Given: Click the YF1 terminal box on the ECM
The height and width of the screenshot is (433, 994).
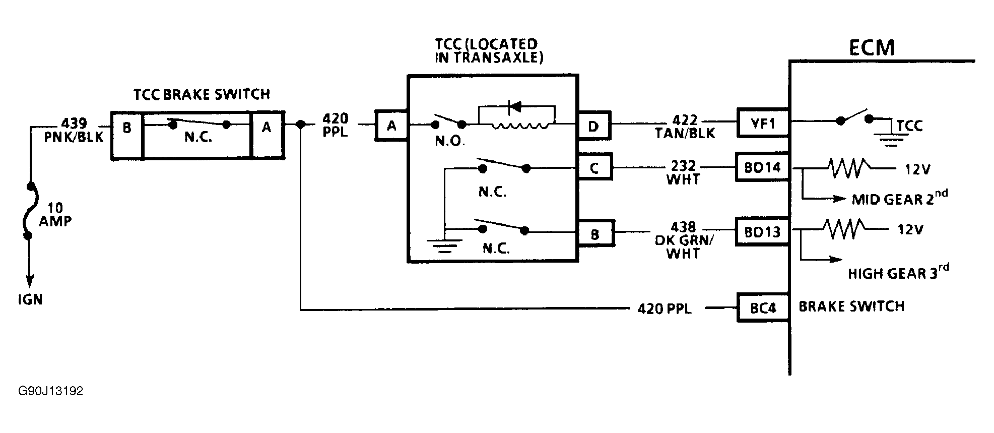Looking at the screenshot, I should [x=762, y=122].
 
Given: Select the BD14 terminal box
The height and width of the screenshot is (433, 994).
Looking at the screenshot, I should [x=762, y=167].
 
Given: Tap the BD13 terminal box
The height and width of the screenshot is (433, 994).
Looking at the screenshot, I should [x=762, y=231].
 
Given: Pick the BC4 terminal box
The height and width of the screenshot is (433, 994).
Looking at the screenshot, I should [x=762, y=307].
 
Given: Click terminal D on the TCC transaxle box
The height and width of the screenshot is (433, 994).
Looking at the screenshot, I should [x=593, y=126].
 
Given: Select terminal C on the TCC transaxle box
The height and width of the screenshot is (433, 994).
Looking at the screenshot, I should [x=594, y=167].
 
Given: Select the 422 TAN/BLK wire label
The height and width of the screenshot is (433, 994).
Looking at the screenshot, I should [x=686, y=127].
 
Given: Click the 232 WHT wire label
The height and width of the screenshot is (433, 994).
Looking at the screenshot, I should [x=684, y=172].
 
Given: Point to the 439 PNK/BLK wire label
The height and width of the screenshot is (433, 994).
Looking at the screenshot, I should [x=74, y=130].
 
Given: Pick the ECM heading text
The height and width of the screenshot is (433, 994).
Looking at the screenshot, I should [x=871, y=47].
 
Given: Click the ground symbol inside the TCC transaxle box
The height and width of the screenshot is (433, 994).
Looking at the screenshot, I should [x=444, y=244].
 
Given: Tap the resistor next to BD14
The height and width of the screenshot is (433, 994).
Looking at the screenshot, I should [x=848, y=168].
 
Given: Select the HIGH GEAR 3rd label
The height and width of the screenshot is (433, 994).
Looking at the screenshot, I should [x=898, y=272].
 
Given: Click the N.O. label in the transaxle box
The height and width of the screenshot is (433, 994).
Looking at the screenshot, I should [x=449, y=141].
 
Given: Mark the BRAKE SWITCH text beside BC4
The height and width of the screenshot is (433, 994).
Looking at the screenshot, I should [x=851, y=306].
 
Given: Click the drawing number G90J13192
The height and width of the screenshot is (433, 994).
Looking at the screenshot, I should [x=50, y=391].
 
